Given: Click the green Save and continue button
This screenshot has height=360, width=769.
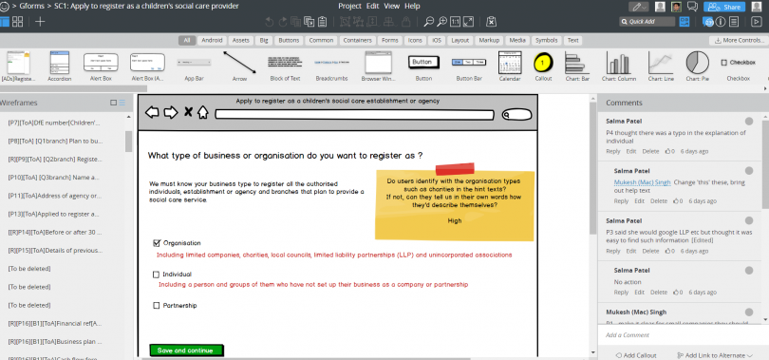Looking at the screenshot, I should point(186,351).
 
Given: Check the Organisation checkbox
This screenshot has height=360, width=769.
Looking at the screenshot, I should point(157,243).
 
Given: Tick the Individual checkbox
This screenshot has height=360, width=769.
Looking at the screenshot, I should point(157,275).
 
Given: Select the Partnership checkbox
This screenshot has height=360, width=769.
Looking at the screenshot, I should point(157,305).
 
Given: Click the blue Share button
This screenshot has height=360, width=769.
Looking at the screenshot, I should point(728,6).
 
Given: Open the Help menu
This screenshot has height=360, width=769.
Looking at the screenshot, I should point(412,6).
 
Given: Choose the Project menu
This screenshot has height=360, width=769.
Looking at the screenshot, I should point(350,6).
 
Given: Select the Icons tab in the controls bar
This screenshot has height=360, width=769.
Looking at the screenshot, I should point(415,40).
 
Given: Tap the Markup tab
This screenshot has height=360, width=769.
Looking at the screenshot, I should point(489,40).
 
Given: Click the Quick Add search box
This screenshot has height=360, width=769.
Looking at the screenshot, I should point(656,21).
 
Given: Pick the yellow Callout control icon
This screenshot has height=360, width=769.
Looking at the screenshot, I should point(542,63).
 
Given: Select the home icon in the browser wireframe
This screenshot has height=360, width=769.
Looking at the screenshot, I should point(202,113).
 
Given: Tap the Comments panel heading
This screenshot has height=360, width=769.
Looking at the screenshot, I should point(625,102).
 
